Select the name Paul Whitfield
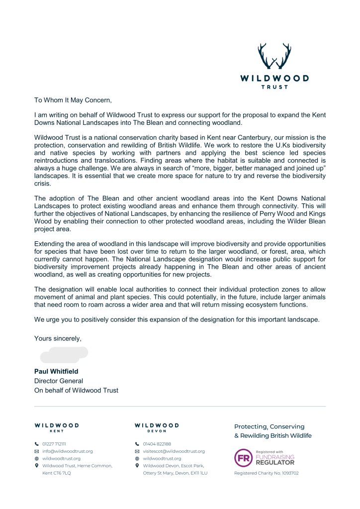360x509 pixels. pyautogui.click(x=56, y=371)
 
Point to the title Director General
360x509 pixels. pyautogui.click(x=58, y=381)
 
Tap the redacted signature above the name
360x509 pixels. pyautogui.click(x=64, y=355)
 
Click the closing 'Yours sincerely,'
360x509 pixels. pyautogui.click(x=58, y=338)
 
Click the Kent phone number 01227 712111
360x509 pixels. pyautogui.click(x=54, y=443)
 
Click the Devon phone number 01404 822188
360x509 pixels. pyautogui.click(x=157, y=443)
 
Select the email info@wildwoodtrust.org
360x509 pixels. pyautogui.click(x=68, y=451)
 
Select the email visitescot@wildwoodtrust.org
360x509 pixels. pyautogui.click(x=174, y=451)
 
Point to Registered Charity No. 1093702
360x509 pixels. pyautogui.click(x=267, y=473)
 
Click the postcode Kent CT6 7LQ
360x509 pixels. pyautogui.click(x=57, y=473)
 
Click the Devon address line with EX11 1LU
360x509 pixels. pyautogui.click(x=175, y=473)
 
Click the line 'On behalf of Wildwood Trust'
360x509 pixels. pyautogui.click(x=76, y=390)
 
